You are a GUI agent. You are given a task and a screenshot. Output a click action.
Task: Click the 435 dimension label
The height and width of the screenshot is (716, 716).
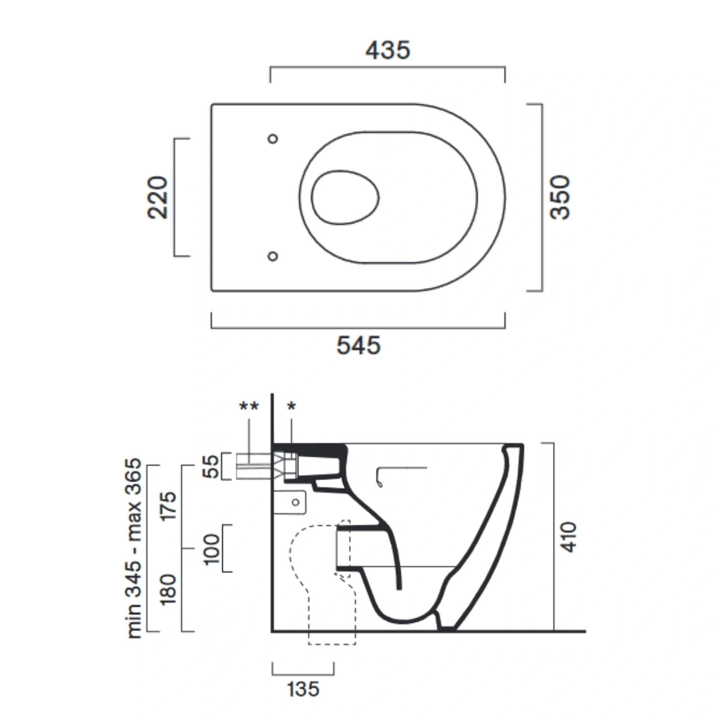(x=388, y=50)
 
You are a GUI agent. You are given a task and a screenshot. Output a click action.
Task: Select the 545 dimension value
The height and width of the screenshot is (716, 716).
(x=358, y=345)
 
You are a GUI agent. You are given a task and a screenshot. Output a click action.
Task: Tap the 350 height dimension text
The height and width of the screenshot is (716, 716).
(x=560, y=197)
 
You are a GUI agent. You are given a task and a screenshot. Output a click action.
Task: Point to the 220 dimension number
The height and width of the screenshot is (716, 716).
(x=158, y=197)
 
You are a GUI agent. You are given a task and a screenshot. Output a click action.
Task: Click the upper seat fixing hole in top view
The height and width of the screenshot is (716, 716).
(x=273, y=139)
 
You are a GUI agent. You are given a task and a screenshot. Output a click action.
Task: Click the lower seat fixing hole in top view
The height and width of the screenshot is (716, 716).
(x=273, y=256)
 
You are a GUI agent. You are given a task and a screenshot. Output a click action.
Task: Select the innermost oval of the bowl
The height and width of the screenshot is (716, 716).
(x=345, y=197)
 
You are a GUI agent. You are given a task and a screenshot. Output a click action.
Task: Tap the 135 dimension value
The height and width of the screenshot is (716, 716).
(x=303, y=689)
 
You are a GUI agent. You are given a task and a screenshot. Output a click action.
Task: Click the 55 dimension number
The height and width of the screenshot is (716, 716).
(x=211, y=466)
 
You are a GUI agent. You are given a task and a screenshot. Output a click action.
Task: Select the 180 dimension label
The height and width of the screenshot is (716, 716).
(x=168, y=590)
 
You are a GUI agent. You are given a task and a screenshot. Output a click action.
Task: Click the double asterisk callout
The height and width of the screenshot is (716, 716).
(x=249, y=406)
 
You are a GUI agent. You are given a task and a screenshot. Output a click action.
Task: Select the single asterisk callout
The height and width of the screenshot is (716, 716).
(x=291, y=407)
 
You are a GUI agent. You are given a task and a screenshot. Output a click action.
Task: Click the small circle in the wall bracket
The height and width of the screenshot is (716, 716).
(x=295, y=502)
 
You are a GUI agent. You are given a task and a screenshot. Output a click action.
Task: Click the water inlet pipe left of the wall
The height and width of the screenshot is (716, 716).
(x=253, y=466)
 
